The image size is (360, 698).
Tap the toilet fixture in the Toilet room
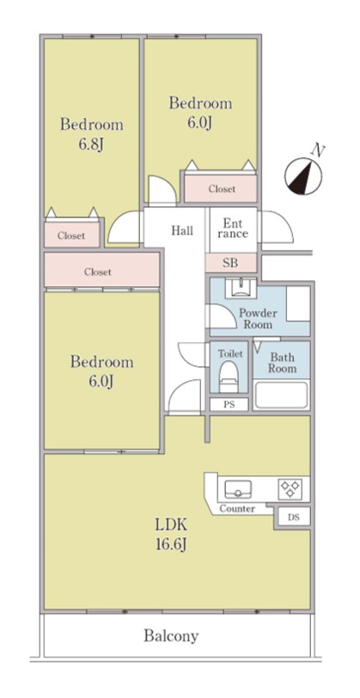point(229,377)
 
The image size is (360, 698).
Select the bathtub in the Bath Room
point(281,395)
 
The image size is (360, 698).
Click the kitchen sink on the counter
point(238,490)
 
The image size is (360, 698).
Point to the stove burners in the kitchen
point(290,488)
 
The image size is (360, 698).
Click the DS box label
point(293,517)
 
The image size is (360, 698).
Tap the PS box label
point(229,405)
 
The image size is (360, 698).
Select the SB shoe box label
point(230,263)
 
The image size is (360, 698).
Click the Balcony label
point(171,636)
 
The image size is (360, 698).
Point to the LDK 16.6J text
point(171,534)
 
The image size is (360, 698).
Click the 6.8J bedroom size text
point(91,144)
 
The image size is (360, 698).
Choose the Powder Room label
point(258,318)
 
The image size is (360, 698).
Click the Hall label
point(182,230)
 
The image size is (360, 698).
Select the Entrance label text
point(233,228)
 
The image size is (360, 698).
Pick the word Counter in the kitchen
point(237,509)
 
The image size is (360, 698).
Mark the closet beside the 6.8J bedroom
point(71,234)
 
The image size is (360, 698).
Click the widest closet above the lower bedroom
point(102,270)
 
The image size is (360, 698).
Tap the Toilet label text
point(230,354)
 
